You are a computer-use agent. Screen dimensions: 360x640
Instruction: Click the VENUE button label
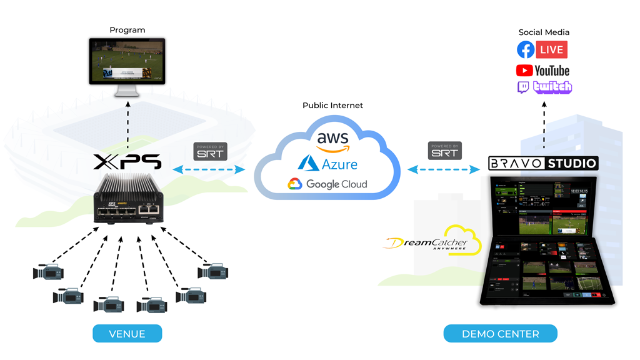pyautogui.click(x=127, y=334)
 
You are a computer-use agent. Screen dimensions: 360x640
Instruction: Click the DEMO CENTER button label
pyautogui.click(x=500, y=334)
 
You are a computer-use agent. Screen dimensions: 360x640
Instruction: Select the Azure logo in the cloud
pyautogui.click(x=328, y=164)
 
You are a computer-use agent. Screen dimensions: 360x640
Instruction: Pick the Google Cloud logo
pyautogui.click(x=327, y=184)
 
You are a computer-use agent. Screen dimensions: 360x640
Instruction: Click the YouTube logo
pyautogui.click(x=542, y=71)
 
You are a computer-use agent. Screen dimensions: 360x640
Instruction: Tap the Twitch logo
pyautogui.click(x=544, y=87)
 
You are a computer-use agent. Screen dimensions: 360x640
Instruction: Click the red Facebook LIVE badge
pyautogui.click(x=551, y=50)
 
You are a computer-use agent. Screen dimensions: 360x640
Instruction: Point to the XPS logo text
pyautogui.click(x=127, y=162)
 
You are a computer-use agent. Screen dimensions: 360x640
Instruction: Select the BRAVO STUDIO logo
pyautogui.click(x=543, y=164)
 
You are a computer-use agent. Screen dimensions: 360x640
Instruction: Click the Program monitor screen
pyautogui.click(x=127, y=61)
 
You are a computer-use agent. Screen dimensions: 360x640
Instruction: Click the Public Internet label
pyautogui.click(x=332, y=106)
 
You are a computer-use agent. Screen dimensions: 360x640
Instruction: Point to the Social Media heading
pyautogui.click(x=544, y=32)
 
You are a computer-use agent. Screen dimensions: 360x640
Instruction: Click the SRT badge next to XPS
pyautogui.click(x=210, y=152)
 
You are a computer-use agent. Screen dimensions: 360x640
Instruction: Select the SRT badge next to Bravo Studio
pyautogui.click(x=445, y=151)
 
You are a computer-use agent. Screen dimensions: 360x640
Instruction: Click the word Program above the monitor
pyautogui.click(x=127, y=30)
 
